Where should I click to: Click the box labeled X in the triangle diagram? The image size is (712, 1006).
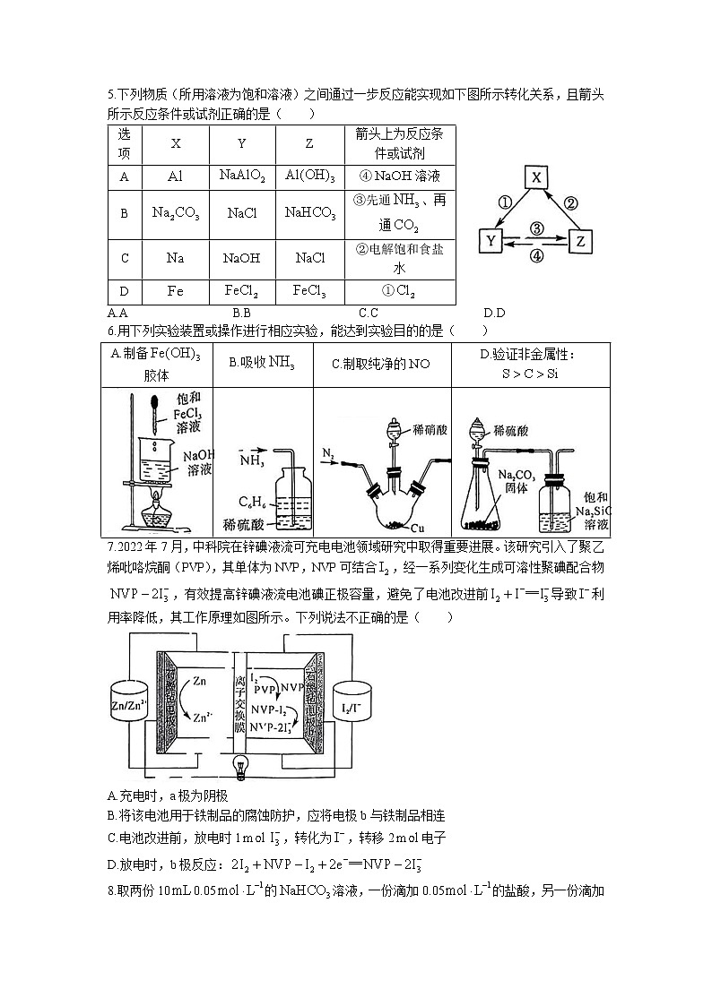[x=535, y=177]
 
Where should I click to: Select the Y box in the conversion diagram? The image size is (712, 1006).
[x=491, y=240]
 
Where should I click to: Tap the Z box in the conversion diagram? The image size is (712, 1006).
[x=580, y=240]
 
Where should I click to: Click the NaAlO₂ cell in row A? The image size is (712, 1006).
[x=242, y=176]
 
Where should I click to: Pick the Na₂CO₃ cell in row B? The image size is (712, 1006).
[x=176, y=213]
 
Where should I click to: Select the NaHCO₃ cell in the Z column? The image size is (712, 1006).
[x=310, y=213]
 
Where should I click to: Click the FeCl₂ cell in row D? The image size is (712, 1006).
[x=242, y=291]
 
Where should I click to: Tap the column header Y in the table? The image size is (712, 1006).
[x=242, y=143]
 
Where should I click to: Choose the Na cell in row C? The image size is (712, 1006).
[x=176, y=258]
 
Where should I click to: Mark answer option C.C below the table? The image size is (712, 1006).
[x=368, y=313]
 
